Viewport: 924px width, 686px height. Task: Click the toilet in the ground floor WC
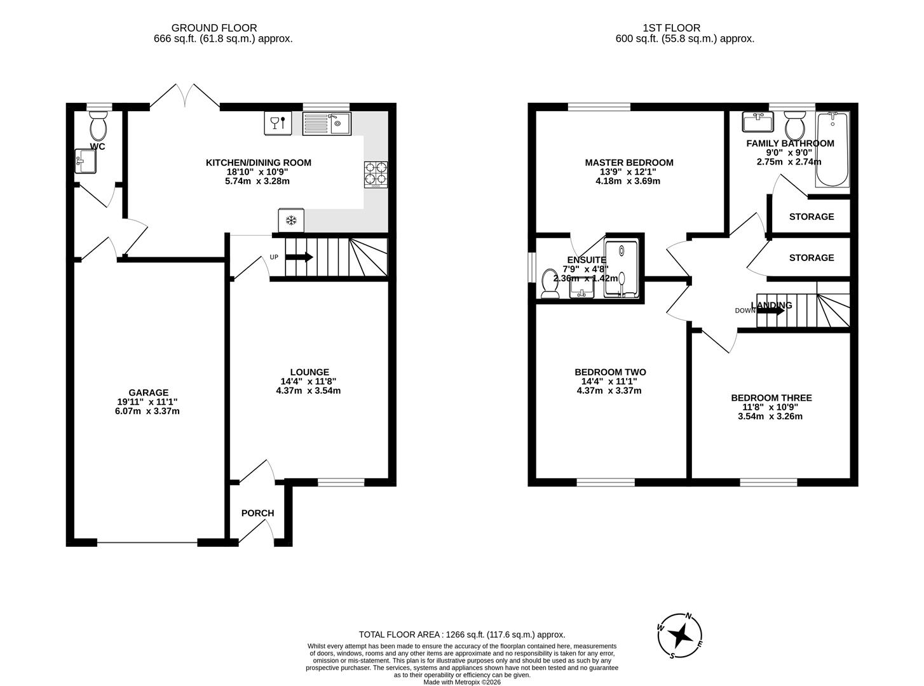click(x=99, y=127)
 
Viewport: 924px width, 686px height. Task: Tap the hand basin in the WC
click(x=85, y=161)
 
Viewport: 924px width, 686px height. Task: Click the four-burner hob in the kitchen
click(x=375, y=175)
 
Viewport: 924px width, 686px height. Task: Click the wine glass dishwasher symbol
click(x=278, y=123)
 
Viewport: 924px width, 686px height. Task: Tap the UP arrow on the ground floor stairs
click(x=299, y=257)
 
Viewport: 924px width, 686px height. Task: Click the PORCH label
click(x=257, y=513)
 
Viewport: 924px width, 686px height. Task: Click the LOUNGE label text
click(x=309, y=372)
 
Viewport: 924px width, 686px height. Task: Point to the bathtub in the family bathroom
click(x=832, y=150)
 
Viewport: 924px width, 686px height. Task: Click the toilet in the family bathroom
click(x=794, y=126)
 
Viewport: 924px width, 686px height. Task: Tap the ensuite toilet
click(x=549, y=284)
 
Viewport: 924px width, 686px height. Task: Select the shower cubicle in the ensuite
click(x=623, y=269)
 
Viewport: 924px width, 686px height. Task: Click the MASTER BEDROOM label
click(x=628, y=163)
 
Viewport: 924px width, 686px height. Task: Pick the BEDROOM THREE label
click(x=771, y=398)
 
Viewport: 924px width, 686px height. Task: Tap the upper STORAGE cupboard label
click(x=811, y=217)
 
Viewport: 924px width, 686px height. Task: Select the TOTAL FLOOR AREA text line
click(x=461, y=635)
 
